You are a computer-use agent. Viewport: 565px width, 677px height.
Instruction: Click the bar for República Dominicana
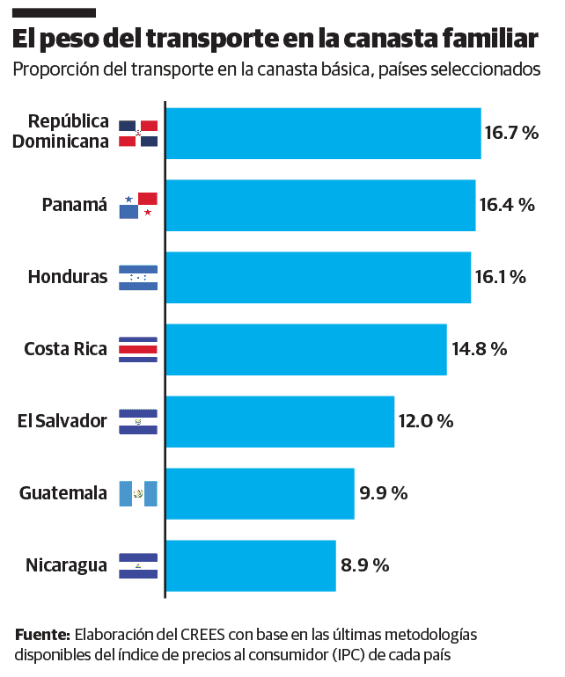pos(323,134)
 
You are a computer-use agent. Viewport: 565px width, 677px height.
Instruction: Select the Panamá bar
pos(320,206)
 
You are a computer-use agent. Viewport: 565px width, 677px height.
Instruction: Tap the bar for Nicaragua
pos(251,565)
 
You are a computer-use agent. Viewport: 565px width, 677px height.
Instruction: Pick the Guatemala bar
pos(260,493)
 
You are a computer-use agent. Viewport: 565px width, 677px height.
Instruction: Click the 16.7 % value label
pos(510,134)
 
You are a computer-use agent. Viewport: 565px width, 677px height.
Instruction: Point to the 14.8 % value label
pos(479,349)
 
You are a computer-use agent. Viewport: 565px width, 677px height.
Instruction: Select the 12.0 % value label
pos(425,421)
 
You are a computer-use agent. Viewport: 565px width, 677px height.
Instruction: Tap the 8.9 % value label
pos(364,565)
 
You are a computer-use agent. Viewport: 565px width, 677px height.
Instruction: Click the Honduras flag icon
pos(138,278)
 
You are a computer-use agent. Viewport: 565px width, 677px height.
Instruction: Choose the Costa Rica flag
pos(138,349)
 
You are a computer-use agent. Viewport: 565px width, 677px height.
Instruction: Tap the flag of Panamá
pos(138,206)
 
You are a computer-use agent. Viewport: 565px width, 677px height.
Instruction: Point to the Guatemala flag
pos(138,493)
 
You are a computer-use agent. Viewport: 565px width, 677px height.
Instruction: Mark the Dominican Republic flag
pos(138,134)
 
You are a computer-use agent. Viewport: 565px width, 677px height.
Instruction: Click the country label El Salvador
pos(62,421)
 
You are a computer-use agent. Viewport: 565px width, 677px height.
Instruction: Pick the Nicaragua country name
pos(65,565)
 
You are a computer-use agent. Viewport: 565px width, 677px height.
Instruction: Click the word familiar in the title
pos(482,40)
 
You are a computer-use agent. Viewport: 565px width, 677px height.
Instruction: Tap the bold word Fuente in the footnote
pos(41,635)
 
